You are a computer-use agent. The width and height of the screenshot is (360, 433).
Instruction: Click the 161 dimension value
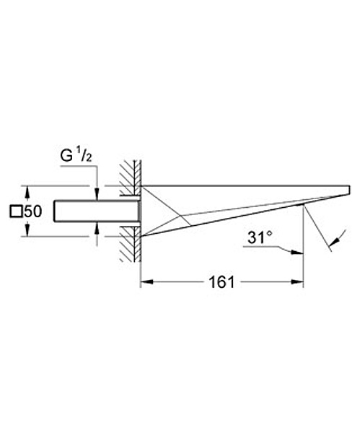(221, 282)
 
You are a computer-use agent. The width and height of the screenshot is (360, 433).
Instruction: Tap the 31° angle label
(258, 237)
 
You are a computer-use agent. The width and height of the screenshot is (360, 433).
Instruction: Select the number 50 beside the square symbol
(33, 211)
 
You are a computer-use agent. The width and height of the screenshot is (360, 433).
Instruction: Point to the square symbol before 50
(16, 211)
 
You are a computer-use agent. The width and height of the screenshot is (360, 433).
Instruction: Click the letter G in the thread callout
(66, 156)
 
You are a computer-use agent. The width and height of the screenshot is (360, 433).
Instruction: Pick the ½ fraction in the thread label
(84, 156)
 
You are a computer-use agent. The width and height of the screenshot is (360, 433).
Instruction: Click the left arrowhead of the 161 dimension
(147, 282)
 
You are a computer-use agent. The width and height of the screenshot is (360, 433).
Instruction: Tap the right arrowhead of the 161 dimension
(297, 282)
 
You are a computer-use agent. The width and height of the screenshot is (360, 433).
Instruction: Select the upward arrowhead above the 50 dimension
(27, 193)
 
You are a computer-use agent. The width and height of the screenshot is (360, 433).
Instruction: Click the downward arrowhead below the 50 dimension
(27, 230)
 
